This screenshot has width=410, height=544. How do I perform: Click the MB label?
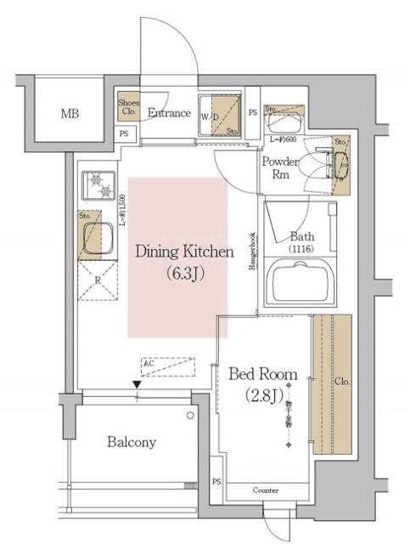coord(70,113)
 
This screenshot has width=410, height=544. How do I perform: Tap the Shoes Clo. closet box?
coord(127,105)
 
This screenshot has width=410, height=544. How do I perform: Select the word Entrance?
coord(169,112)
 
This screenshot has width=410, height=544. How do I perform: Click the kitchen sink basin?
coord(98,235)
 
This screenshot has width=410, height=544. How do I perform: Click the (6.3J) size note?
coord(179,274)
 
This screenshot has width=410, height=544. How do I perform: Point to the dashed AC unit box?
coord(168,366)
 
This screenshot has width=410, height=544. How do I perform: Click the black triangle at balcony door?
coord(136,386)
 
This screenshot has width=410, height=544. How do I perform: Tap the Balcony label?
coord(131,442)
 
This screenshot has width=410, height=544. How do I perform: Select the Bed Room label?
coord(263,374)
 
